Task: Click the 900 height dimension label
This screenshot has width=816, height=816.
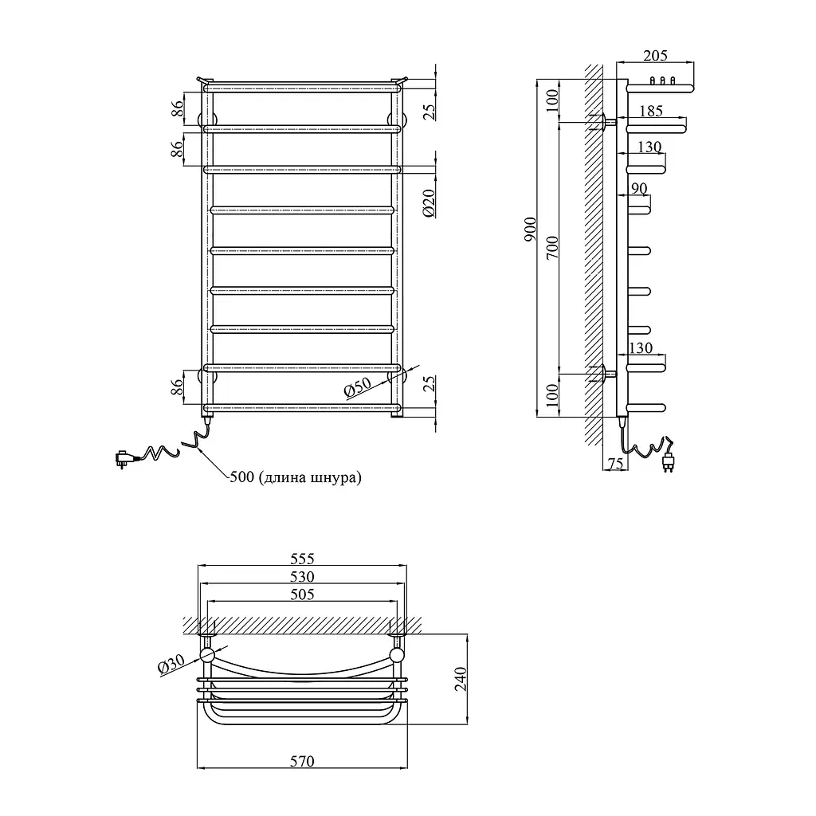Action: [x=530, y=229]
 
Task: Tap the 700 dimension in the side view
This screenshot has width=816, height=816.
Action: [x=552, y=247]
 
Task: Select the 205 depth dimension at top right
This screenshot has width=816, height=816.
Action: [x=655, y=55]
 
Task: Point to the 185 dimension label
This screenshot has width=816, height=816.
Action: [x=651, y=111]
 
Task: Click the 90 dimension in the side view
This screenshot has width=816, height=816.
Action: [x=639, y=188]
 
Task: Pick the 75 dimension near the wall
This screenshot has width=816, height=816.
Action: [x=615, y=463]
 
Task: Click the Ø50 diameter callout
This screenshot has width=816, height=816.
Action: [x=358, y=388]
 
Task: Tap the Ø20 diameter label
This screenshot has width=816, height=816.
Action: [x=429, y=203]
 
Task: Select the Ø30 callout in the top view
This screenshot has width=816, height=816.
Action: [x=171, y=665]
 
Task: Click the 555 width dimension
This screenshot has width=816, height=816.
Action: [x=302, y=559]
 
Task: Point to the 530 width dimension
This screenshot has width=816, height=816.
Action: [x=302, y=577]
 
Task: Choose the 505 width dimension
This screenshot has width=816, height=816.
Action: [x=302, y=594]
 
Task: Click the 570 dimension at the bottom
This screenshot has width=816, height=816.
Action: [x=302, y=761]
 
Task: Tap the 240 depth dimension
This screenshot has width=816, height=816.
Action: [x=461, y=679]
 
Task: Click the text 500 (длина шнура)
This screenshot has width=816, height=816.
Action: [x=295, y=477]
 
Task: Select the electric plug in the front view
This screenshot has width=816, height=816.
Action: [x=125, y=458]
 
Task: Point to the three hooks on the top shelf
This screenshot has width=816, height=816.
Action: [x=662, y=80]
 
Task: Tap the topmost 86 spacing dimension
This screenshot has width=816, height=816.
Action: [x=178, y=108]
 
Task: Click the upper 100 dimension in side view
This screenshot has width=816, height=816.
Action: [x=552, y=100]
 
